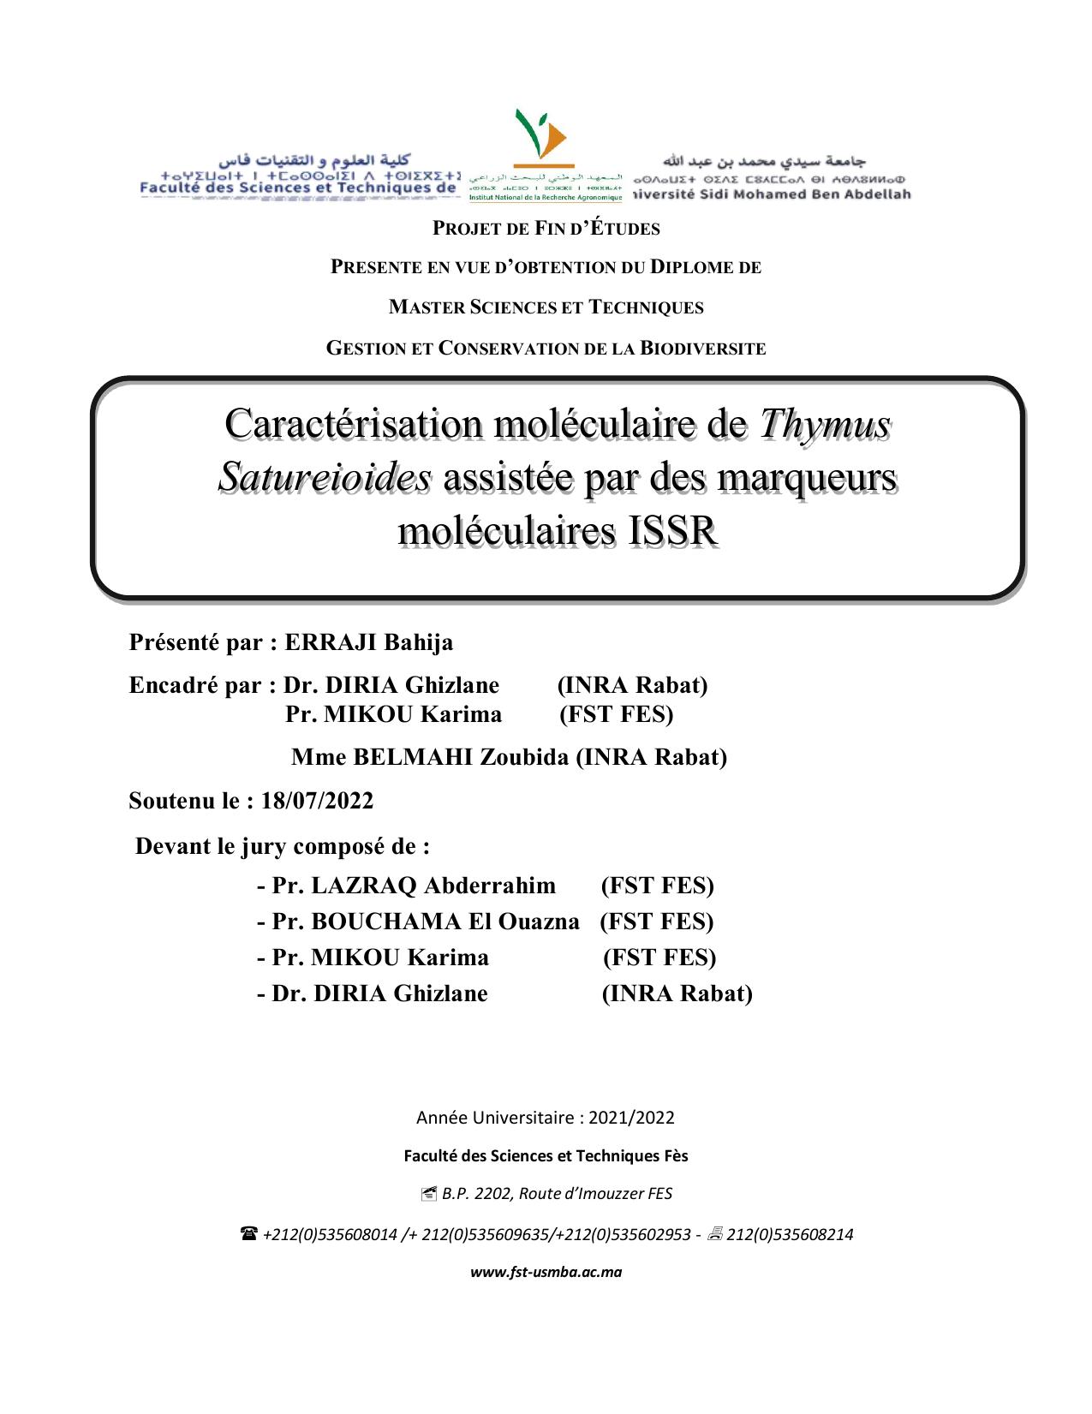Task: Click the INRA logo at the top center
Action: point(546,154)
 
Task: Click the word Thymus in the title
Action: point(826,423)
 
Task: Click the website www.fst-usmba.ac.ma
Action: point(546,1272)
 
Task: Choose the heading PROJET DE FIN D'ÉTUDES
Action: point(546,229)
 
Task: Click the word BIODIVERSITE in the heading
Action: point(702,349)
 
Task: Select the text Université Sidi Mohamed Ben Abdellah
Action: point(772,194)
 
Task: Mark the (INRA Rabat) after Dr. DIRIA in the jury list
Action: point(677,993)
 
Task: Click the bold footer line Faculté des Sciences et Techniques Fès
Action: point(546,1156)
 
